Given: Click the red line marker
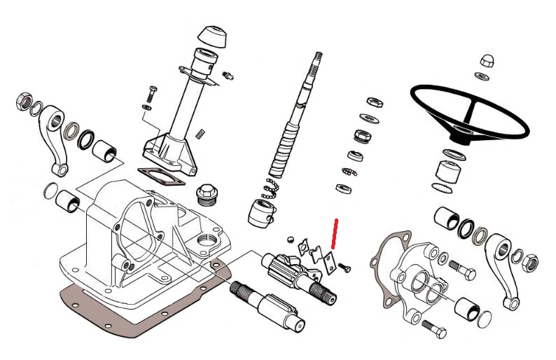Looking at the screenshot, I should point(335,233).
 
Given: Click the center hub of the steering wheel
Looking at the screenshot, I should point(461,131).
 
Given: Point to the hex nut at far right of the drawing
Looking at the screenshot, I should point(531,263).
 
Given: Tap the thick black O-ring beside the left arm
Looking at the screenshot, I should point(87,139).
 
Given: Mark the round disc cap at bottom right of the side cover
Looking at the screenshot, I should point(484,319).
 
